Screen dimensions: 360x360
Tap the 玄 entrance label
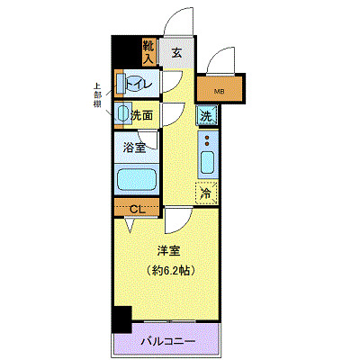177,53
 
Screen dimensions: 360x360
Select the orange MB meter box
220,91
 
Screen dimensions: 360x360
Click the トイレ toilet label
144,84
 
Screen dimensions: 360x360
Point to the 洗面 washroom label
142,115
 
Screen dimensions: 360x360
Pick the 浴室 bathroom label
136,145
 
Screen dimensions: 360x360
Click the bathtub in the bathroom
137,175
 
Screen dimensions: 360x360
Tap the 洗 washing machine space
207,116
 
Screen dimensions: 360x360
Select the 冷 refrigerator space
206,192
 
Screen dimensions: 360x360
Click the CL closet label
136,210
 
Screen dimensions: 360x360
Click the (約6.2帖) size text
168,270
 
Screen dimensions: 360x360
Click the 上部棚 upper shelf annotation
97,94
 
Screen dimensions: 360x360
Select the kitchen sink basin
207,166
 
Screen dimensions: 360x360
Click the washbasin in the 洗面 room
122,113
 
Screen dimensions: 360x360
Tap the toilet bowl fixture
121,83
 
